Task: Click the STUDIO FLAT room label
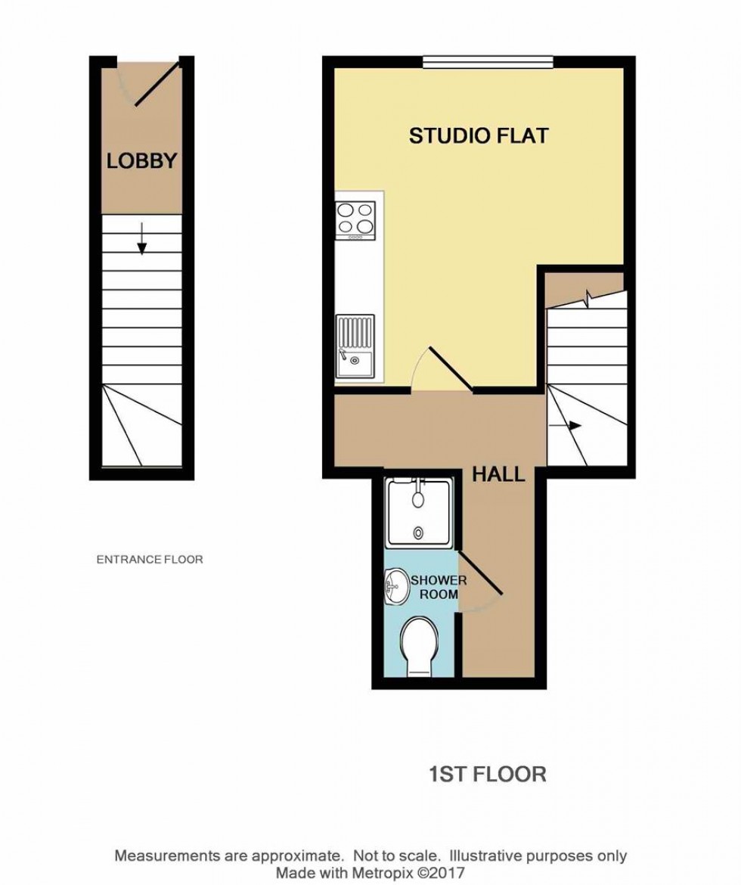pyautogui.click(x=478, y=136)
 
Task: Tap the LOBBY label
pyautogui.click(x=141, y=161)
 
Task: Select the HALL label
pyautogui.click(x=498, y=475)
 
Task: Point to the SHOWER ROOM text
pyautogui.click(x=433, y=587)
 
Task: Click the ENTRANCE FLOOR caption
pyautogui.click(x=150, y=560)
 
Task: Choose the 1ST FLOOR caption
pyautogui.click(x=487, y=774)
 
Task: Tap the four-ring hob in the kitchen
pyautogui.click(x=355, y=219)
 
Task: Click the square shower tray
pyautogui.click(x=420, y=513)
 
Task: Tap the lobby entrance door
pyautogui.click(x=157, y=85)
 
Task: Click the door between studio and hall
pyautogui.click(x=449, y=370)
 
